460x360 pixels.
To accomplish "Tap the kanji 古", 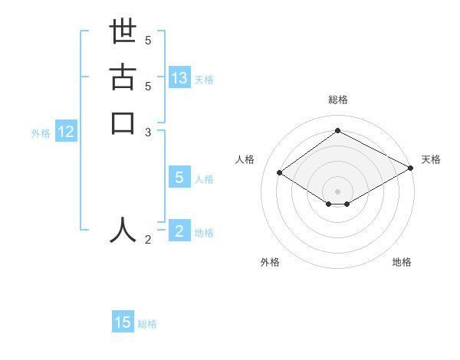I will tap(123, 80).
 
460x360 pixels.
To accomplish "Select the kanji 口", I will tap(123, 123).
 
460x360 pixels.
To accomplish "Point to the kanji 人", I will tap(123, 229).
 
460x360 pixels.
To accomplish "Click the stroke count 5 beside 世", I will tap(148, 40).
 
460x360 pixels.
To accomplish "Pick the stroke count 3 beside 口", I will tap(148, 132).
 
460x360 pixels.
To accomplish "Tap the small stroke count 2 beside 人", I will tap(148, 240).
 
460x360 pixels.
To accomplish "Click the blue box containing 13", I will tap(179, 78).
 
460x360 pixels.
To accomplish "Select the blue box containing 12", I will tap(66, 132).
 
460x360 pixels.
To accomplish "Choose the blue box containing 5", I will tap(179, 178).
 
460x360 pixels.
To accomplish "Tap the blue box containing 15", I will tap(123, 322).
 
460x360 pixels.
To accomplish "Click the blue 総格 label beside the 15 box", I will tap(147, 324).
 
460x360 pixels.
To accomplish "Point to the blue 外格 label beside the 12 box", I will tap(41, 133).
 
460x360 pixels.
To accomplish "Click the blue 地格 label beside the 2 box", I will tap(204, 233).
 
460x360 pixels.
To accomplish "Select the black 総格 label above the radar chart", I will tap(337, 100).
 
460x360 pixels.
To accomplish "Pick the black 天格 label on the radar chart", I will tap(431, 159).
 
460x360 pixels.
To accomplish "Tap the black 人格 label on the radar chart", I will tap(245, 159).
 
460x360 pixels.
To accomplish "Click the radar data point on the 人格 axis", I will tap(281, 172).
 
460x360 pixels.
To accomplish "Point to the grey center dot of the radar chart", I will tap(337, 191).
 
